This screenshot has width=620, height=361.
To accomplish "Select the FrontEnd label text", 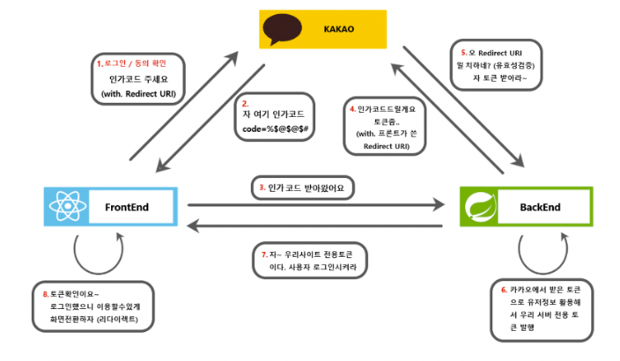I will (125, 207).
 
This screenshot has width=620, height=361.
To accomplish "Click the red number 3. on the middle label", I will (262, 188).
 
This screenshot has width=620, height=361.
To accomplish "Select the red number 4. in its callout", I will (352, 109).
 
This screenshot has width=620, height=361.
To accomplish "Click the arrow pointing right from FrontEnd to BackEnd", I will (317, 206).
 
